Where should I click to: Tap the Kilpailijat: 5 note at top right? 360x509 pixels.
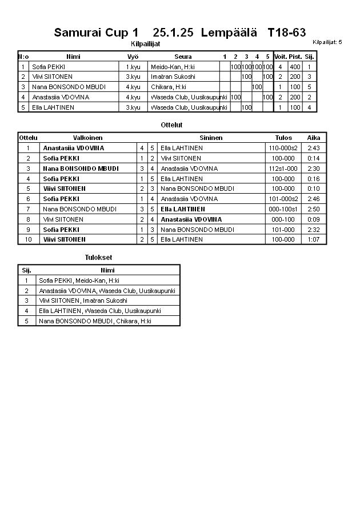click(327, 42)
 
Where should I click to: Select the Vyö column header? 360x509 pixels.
click(133, 57)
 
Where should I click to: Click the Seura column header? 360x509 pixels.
click(183, 57)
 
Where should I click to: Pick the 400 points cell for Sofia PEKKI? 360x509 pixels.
click(295, 67)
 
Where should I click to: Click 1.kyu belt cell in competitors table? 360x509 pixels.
click(133, 67)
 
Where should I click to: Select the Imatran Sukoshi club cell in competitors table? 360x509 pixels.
click(173, 77)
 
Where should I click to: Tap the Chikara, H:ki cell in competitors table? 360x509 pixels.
click(169, 87)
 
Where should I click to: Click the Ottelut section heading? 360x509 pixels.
click(172, 125)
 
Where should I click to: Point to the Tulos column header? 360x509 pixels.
click(283, 138)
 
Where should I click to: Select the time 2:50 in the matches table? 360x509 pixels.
click(313, 209)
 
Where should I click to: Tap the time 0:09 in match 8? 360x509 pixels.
click(313, 219)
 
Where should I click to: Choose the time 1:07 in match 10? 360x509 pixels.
click(313, 239)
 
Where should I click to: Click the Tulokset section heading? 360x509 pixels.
click(98, 258)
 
